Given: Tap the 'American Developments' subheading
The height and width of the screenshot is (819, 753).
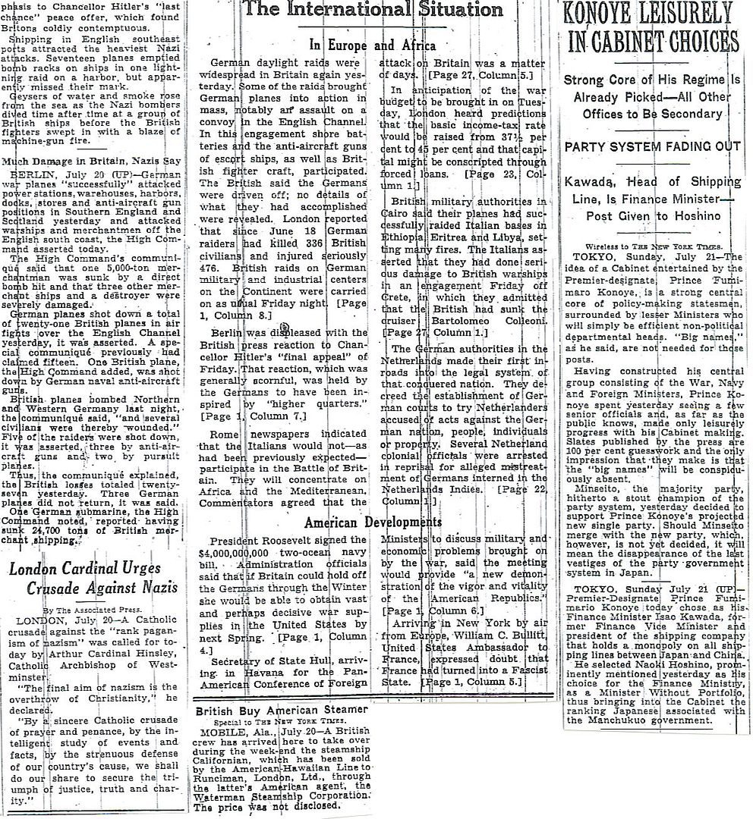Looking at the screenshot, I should (x=372, y=522).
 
